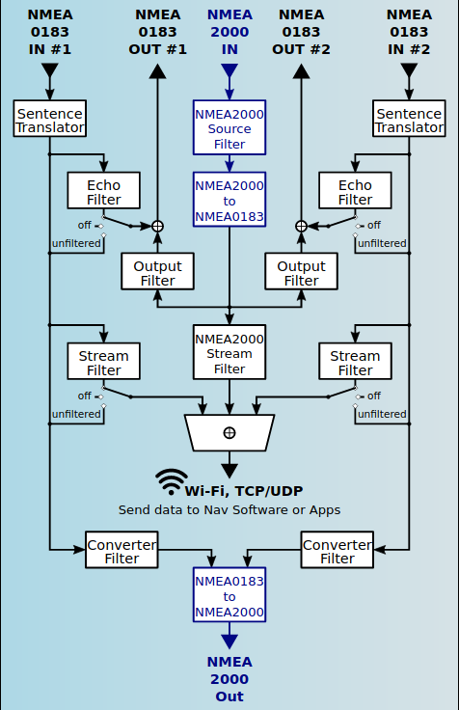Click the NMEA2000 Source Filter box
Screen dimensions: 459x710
229,127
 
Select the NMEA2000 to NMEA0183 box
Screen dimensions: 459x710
229,200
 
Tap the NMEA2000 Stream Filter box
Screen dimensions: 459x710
229,352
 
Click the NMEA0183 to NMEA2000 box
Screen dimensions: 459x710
229,594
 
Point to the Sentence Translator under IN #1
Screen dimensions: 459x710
50,119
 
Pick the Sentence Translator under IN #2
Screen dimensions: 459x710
409,119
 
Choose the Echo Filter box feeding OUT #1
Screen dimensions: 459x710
103,190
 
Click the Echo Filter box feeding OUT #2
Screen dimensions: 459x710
356,190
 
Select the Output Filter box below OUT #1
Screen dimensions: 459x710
157,271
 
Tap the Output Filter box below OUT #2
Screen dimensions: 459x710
302,271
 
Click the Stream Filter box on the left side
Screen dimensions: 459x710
103,361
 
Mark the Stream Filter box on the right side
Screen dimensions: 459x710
356,361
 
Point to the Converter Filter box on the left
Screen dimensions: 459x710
121,550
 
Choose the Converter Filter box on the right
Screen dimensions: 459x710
337,550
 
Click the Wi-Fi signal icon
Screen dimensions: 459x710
171,481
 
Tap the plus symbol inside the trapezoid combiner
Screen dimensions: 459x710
229,433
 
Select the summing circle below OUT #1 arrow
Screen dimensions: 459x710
157,226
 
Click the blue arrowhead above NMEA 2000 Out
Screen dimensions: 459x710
229,641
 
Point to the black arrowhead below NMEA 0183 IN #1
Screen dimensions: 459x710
50,70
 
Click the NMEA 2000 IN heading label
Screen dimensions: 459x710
229,32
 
